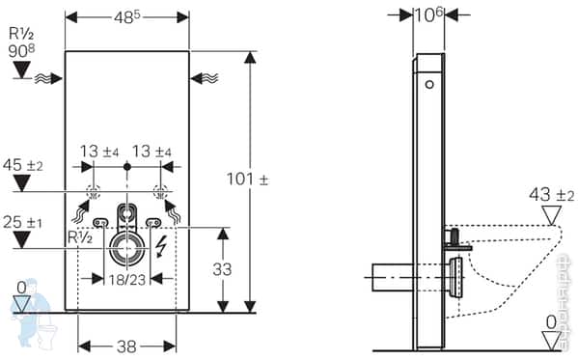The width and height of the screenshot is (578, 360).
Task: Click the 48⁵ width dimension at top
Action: [x=127, y=17]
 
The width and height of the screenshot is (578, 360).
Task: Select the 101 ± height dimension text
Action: [x=275, y=180]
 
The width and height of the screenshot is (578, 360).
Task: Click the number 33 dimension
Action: [x=222, y=270]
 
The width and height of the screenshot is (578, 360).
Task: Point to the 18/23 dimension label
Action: [x=127, y=278]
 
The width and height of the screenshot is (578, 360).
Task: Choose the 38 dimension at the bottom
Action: [x=127, y=345]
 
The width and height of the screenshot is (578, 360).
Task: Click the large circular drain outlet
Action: [x=127, y=249]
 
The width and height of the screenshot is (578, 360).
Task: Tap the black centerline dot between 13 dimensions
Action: [x=127, y=167]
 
